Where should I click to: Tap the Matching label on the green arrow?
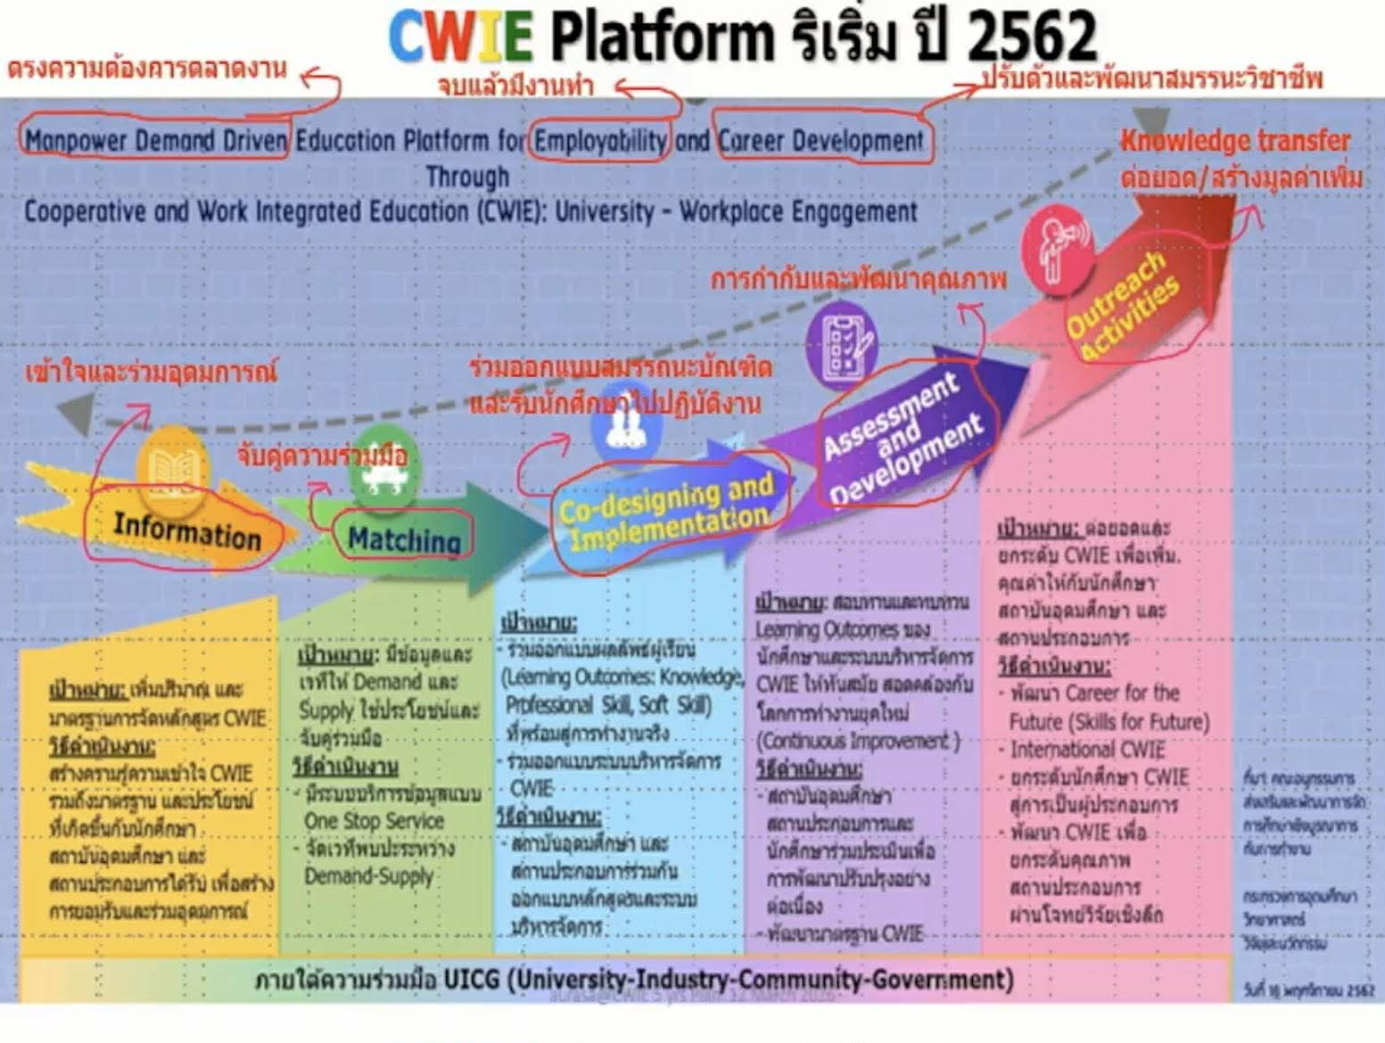click(x=404, y=538)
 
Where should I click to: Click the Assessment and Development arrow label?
click(x=901, y=436)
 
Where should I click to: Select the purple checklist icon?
click(x=841, y=344)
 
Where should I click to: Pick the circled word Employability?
click(x=599, y=141)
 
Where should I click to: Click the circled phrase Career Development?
click(x=821, y=141)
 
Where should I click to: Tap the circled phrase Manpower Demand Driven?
click(x=155, y=141)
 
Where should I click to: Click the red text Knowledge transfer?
click(x=1235, y=141)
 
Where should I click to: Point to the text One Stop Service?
click(x=374, y=821)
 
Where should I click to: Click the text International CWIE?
click(x=1087, y=749)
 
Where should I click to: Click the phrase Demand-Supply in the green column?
click(x=368, y=876)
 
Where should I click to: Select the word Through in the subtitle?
click(x=467, y=177)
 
